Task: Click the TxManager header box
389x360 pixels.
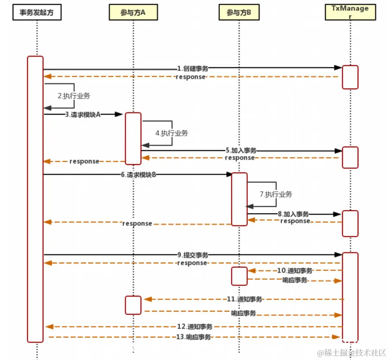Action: point(350,13)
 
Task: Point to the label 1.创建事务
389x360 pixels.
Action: point(193,68)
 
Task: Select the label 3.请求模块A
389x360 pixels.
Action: point(83,115)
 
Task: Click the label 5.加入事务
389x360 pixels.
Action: point(241,151)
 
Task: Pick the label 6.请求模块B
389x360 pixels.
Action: point(139,175)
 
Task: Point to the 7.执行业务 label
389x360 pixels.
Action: point(276,194)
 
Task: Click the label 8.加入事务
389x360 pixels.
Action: point(293,214)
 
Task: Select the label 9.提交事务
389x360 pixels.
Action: point(193,255)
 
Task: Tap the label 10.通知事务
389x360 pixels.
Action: point(295,271)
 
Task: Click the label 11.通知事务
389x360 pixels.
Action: point(244,299)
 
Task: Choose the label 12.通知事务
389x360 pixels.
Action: point(195,327)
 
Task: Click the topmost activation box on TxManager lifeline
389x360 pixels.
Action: point(350,77)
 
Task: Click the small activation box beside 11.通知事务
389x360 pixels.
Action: point(133,305)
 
